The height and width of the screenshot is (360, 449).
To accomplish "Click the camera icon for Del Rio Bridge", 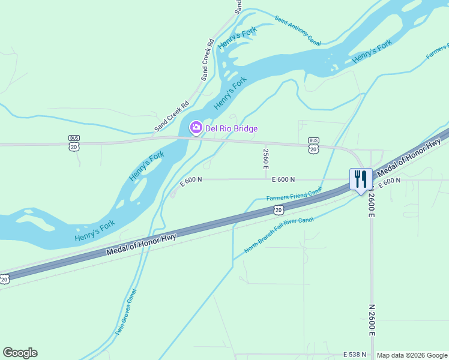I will click(x=196, y=128).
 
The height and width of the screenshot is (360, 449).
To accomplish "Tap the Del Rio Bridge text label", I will click(x=232, y=128).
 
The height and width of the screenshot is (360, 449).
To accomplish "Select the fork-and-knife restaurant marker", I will click(x=360, y=179).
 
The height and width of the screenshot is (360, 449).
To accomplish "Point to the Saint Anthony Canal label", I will click(x=298, y=31).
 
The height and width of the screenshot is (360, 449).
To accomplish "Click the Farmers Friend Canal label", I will click(x=294, y=196).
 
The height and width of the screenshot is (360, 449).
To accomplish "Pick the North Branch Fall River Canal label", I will click(x=279, y=234).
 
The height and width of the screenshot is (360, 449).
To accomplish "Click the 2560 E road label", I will click(x=265, y=159).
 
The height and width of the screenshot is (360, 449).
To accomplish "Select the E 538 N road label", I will click(x=355, y=355).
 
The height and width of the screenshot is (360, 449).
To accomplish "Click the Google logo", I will click(x=20, y=353).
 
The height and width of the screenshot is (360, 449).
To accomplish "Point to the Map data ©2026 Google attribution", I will click(x=412, y=355).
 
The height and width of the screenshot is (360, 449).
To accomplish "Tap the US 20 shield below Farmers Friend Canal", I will click(x=278, y=209).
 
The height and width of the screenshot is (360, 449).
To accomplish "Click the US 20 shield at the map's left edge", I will click(x=4, y=279).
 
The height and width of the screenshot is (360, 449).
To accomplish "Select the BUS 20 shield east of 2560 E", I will click(x=313, y=146).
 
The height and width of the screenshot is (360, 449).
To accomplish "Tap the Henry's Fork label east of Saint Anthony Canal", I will click(x=372, y=51).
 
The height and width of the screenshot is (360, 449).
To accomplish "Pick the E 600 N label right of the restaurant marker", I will click(x=389, y=181).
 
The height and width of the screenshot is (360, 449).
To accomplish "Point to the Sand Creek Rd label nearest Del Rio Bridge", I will click(x=172, y=116).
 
